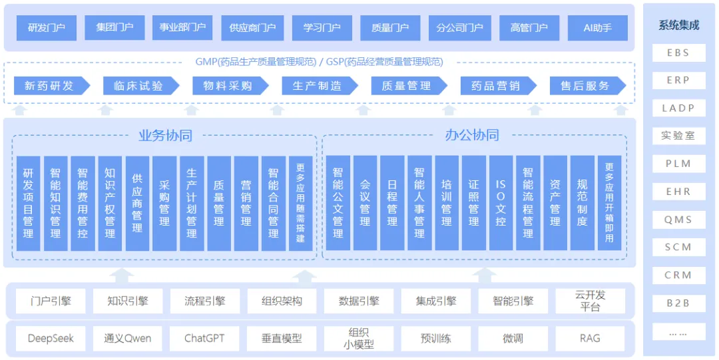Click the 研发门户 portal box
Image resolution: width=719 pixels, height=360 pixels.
click(x=47, y=28)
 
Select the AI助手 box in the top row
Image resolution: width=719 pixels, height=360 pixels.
click(x=597, y=28)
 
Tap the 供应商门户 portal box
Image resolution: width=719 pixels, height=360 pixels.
click(x=253, y=28)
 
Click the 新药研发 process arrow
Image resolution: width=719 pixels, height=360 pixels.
click(x=52, y=86)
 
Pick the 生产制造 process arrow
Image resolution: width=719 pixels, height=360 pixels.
click(x=320, y=86)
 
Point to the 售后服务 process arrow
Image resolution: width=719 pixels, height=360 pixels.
click(x=588, y=86)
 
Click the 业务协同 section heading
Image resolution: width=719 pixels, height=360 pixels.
click(x=165, y=135)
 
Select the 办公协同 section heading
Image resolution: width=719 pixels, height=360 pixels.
click(x=472, y=135)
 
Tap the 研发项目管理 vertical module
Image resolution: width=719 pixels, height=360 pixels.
click(x=29, y=203)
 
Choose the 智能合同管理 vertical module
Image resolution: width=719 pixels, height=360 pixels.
click(x=274, y=203)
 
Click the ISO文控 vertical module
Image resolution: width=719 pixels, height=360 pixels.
click(x=501, y=203)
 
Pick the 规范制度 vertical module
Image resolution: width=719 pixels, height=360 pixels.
click(x=583, y=203)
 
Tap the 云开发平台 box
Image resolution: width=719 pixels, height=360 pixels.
click(x=590, y=301)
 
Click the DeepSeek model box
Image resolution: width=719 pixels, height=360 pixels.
click(x=51, y=339)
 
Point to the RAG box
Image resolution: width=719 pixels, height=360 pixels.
click(x=590, y=339)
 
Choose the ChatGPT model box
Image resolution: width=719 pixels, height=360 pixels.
click(x=205, y=339)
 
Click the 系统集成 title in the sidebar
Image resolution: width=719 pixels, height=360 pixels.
click(x=679, y=26)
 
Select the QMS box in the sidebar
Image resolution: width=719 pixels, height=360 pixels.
click(x=679, y=220)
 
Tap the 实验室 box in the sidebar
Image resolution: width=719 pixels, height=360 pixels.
click(x=679, y=136)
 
